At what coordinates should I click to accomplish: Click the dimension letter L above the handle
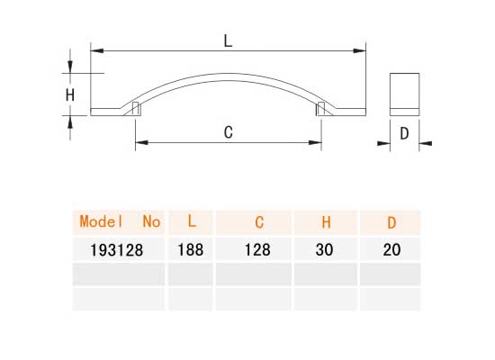[229, 40]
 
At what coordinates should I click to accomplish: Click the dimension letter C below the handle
[229, 132]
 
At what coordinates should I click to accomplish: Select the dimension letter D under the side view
[404, 133]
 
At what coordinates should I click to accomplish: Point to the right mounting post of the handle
[321, 109]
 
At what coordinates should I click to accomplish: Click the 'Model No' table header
[120, 221]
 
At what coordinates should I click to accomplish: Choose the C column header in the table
[258, 221]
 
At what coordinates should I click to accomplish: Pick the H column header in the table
[327, 221]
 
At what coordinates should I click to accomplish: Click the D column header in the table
[391, 221]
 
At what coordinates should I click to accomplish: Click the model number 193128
[115, 250]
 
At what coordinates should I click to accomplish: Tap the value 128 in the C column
[258, 250]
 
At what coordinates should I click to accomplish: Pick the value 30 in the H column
[327, 250]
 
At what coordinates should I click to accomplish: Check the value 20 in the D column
[391, 250]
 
